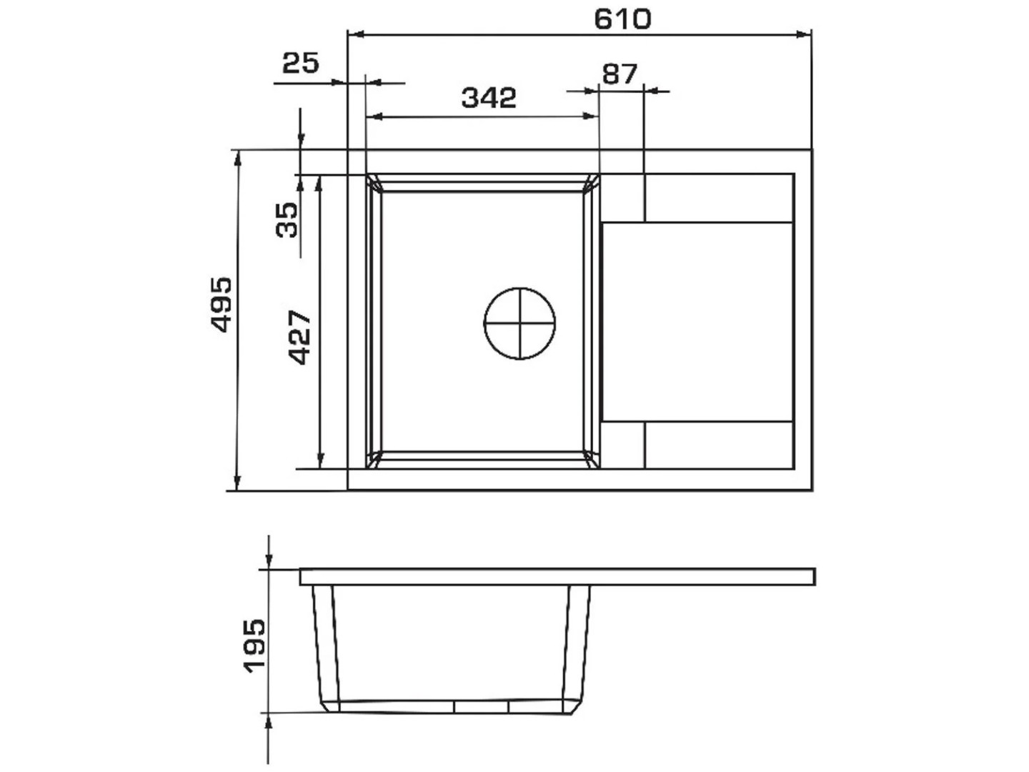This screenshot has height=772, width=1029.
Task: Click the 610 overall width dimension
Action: tap(622, 19)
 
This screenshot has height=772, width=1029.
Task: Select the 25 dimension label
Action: tap(301, 63)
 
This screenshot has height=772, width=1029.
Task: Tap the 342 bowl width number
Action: tap(489, 98)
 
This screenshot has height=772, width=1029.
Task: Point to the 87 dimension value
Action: tap(620, 74)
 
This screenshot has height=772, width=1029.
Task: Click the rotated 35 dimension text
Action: tap(287, 219)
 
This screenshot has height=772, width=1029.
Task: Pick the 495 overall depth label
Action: tap(221, 305)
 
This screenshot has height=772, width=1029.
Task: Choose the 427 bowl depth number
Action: tap(299, 337)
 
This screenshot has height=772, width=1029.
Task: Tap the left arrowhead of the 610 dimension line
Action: tap(357, 34)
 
